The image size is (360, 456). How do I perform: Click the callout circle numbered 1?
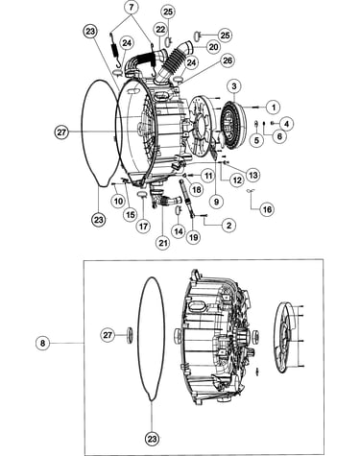pos(274,107)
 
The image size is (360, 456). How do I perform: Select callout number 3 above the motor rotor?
pos(234,86)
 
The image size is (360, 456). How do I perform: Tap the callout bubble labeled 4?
pos(286,124)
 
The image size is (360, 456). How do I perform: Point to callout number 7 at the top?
pos(132,8)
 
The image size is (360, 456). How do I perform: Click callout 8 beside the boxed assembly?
pos(42,344)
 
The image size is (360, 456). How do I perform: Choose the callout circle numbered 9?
pos(216,202)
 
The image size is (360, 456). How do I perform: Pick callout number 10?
pos(118,201)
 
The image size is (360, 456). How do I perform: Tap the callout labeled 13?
pos(252,176)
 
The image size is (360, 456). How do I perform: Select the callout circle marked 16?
pos(267,209)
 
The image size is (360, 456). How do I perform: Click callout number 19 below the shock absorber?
pos(194,237)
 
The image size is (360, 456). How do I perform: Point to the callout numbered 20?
pos(213,47)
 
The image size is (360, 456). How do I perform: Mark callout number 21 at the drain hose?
pos(163,243)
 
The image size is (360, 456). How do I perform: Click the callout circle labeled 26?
pos(228,60)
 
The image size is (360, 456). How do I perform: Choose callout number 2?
pos(228,226)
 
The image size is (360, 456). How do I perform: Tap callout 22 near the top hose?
pos(160,30)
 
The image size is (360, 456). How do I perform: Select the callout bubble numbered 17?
pos(143,227)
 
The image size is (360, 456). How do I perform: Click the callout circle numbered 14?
pos(179,231)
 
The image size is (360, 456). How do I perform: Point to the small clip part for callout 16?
pos(252,191)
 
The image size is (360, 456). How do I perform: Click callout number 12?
pos(237,180)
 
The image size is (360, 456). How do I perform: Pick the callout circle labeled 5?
pos(257,140)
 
